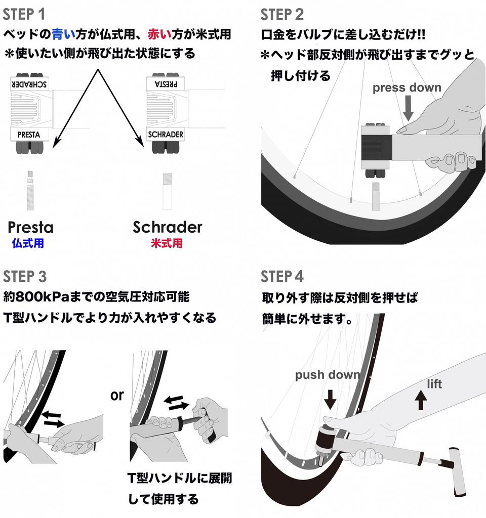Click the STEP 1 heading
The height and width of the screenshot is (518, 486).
pyautogui.click(x=24, y=15)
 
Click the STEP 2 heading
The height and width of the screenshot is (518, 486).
pyautogui.click(x=282, y=15)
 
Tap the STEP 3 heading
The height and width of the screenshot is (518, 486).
pyautogui.click(x=25, y=277)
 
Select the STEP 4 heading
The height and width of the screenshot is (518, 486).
pyautogui.click(x=282, y=277)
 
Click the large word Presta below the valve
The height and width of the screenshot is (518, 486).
pyautogui.click(x=30, y=227)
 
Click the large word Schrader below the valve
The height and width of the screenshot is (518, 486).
pyautogui.click(x=167, y=227)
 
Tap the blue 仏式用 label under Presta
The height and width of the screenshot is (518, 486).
pyautogui.click(x=28, y=243)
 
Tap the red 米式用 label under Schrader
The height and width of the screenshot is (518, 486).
pyautogui.click(x=167, y=243)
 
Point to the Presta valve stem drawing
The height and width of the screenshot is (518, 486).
pyautogui.click(x=30, y=191)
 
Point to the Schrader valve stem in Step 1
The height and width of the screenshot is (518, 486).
pyautogui.click(x=167, y=191)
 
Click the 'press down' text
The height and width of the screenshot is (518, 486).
pyautogui.click(x=407, y=88)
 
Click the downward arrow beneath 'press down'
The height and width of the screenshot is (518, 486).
pyautogui.click(x=409, y=108)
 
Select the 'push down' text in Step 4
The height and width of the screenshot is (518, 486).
pyautogui.click(x=328, y=375)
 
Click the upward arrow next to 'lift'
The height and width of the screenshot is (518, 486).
pyautogui.click(x=421, y=400)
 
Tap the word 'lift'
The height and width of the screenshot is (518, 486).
pyautogui.click(x=434, y=384)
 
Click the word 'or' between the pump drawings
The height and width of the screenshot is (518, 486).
pyautogui.click(x=117, y=396)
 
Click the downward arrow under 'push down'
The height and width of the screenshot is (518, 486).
pyautogui.click(x=330, y=399)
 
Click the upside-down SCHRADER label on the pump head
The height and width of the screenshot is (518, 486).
pyautogui.click(x=29, y=84)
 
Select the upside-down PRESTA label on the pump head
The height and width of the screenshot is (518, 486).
pyautogui.click(x=166, y=84)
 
